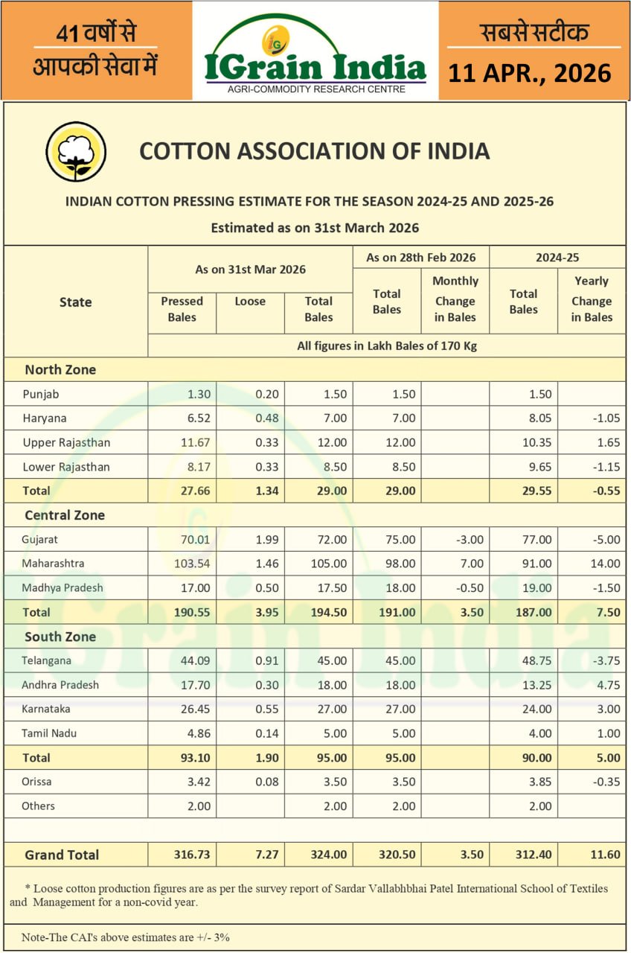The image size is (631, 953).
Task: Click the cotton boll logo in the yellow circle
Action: (75, 152)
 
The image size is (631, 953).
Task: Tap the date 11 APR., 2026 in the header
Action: (529, 73)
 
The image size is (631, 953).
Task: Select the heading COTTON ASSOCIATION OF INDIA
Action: (315, 151)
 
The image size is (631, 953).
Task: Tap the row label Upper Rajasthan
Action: (66, 442)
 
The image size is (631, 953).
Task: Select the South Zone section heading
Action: (60, 637)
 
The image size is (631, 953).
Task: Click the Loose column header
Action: (250, 302)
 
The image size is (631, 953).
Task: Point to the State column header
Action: (76, 302)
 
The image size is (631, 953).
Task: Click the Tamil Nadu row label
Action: (49, 733)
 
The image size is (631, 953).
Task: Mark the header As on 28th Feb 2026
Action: (421, 258)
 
